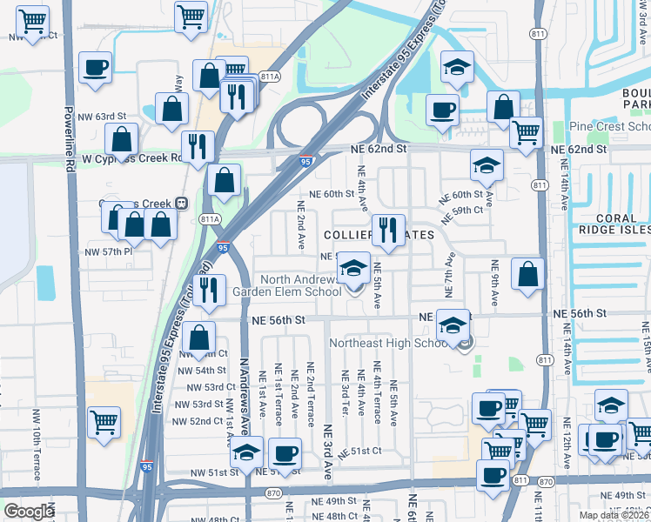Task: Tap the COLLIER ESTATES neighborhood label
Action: [x=379, y=235]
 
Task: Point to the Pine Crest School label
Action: [x=609, y=127]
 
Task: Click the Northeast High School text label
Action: [x=388, y=343]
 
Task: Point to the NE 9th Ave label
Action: [x=494, y=283]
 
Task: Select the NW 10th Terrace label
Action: [x=37, y=444]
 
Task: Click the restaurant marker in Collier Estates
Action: [x=388, y=230]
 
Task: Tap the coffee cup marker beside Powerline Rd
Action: [x=95, y=66]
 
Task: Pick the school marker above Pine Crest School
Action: [x=456, y=67]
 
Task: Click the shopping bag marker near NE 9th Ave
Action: [x=527, y=273]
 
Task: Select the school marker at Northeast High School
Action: [x=453, y=325]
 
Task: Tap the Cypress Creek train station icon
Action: [x=181, y=203]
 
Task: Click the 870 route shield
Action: [x=546, y=481]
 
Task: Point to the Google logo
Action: [x=29, y=511]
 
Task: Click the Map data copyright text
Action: [x=614, y=515]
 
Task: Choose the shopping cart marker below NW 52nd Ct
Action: [x=104, y=422]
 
